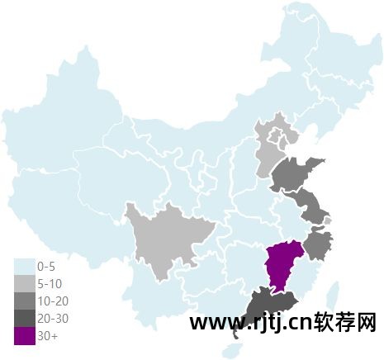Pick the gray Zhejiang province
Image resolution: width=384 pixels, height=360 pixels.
[x=318, y=244]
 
